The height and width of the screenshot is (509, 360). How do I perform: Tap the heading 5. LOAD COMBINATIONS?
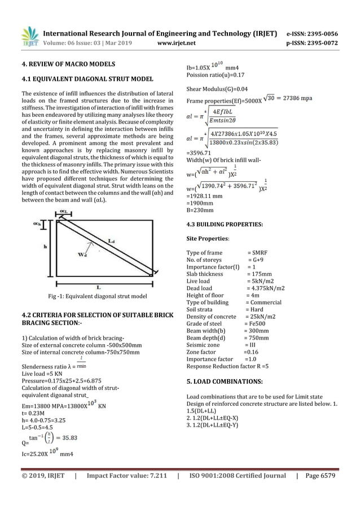[222, 388]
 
